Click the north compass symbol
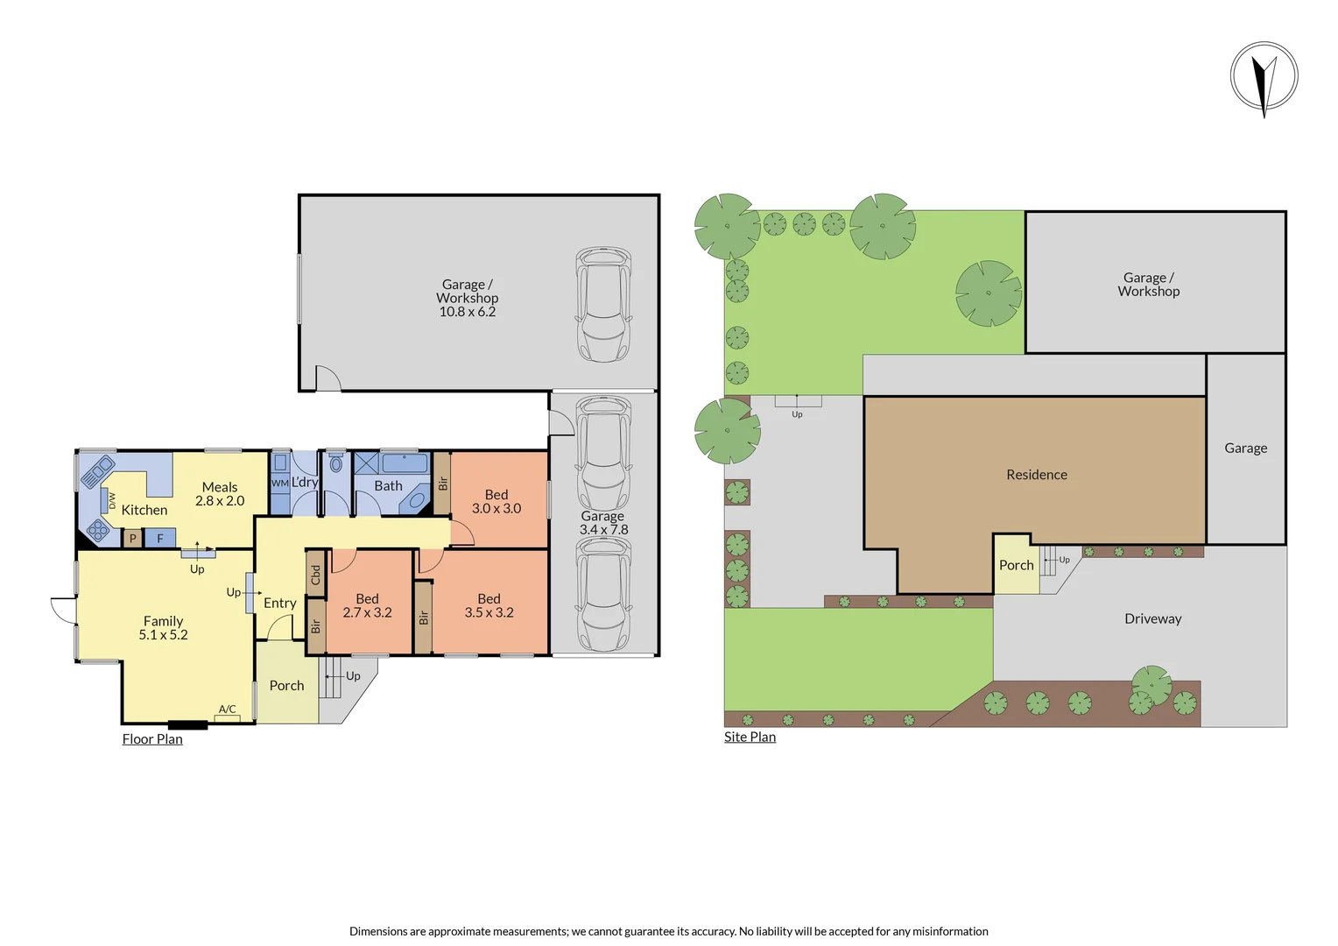[1264, 77]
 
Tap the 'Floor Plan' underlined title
[152, 739]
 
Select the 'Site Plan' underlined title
[750, 737]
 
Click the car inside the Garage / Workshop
[603, 305]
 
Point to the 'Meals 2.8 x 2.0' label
[220, 494]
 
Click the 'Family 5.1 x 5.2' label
[164, 628]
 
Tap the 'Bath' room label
[388, 486]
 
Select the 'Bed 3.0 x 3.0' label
[496, 502]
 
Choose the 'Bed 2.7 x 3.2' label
[367, 606]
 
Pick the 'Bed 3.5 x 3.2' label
[489, 606]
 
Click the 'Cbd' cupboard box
[316, 575]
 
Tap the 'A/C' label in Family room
[227, 709]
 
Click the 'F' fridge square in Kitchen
[160, 539]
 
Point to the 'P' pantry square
[132, 539]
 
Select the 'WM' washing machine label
[279, 483]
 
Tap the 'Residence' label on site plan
[1037, 475]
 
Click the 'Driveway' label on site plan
[1152, 619]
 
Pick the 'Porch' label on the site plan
[1016, 566]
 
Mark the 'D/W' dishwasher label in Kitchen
[112, 499]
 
